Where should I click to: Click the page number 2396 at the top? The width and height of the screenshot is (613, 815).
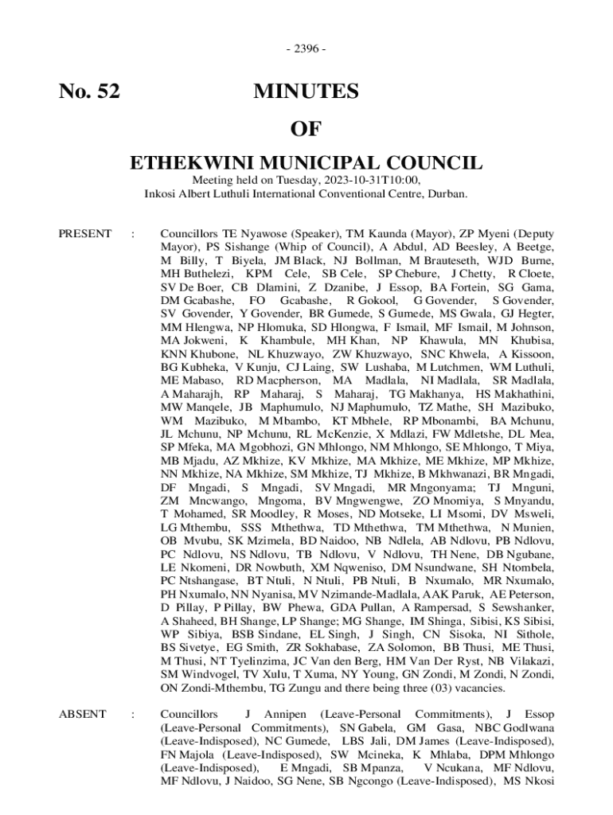[306, 49]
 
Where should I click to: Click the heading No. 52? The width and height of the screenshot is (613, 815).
[90, 92]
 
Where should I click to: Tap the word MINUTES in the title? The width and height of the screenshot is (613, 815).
[306, 92]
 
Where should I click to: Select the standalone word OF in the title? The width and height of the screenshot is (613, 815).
[306, 128]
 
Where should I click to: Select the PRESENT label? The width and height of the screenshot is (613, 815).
[85, 233]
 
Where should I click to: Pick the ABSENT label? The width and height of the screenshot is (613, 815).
[83, 714]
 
